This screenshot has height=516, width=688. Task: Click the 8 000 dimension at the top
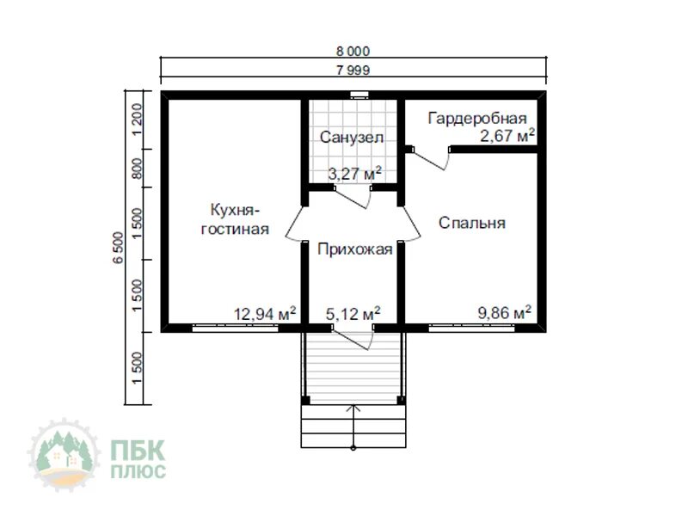coord(353,52)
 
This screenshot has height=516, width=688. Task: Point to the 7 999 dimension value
coord(353,71)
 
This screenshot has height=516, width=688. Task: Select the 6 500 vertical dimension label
coord(119,248)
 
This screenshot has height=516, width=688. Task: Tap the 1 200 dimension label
coord(137,120)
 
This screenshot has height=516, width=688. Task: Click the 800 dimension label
coord(137,169)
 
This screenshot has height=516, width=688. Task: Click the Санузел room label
coord(352,138)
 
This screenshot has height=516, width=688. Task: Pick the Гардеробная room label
coord(477,119)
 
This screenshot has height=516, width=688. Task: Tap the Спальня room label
coord(472,223)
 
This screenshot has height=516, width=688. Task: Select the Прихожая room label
coord(355,249)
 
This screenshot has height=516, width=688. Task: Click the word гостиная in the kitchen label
coord(235,229)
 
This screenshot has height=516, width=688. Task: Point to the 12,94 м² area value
coord(265,314)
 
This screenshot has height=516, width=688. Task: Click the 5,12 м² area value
coord(353,314)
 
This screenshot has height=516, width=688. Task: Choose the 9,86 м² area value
coord(505,313)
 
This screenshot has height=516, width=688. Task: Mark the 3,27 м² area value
coord(355,174)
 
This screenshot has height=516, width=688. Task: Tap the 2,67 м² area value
coord(507,136)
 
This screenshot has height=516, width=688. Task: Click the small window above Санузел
coord(359,94)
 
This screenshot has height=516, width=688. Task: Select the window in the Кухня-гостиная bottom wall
coord(235,328)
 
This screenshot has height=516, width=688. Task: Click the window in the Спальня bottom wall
coord(471,328)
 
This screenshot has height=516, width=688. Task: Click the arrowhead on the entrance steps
coord(353,409)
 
